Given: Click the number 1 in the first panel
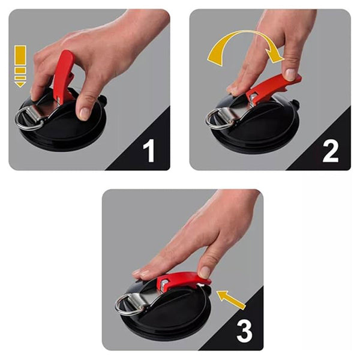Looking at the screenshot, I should tap(149, 150).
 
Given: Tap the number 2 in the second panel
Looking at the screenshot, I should tap(331, 150).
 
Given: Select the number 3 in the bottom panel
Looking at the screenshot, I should tap(244, 330).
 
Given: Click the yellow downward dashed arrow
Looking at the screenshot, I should tap(20, 66).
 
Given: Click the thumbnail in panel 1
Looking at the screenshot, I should tap(85, 112).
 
